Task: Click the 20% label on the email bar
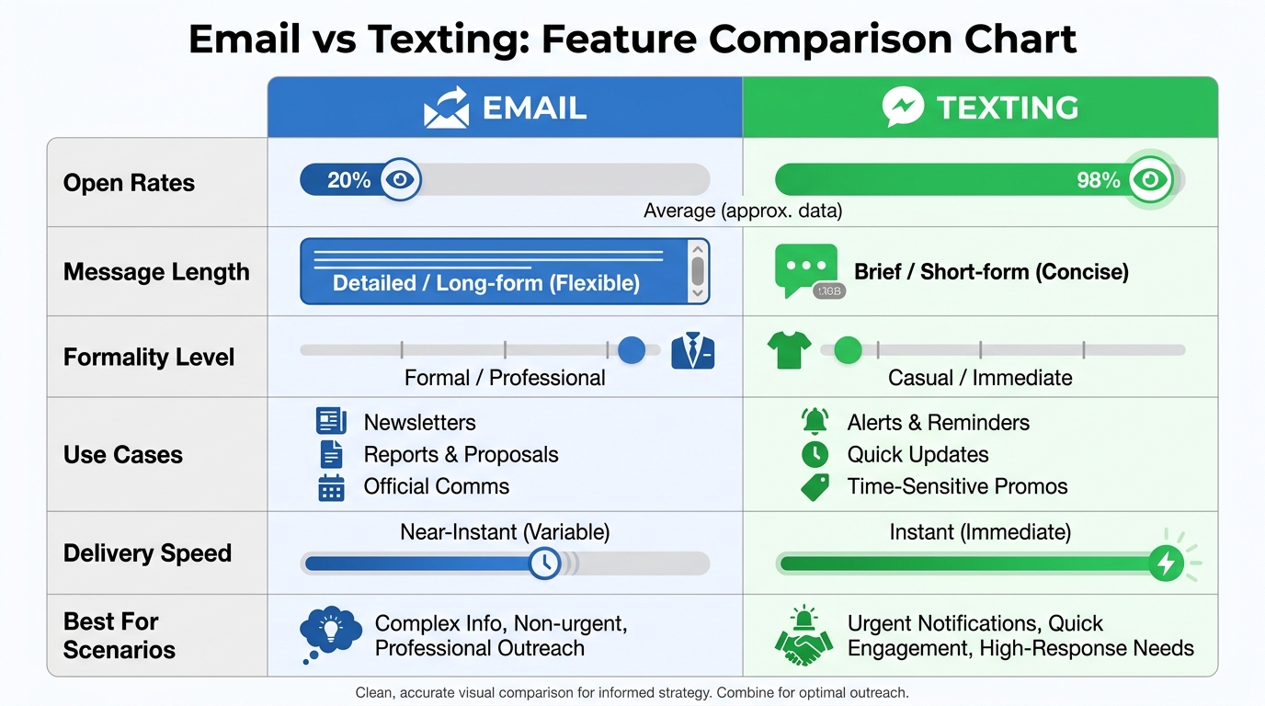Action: [x=348, y=180]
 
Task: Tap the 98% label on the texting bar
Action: [x=1098, y=180]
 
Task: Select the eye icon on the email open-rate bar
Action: [x=399, y=179]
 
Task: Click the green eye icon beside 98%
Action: [x=1150, y=179]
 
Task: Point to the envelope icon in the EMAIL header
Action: [x=446, y=108]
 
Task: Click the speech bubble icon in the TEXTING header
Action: [x=903, y=108]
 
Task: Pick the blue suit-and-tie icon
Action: [x=693, y=351]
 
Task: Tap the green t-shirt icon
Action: [x=789, y=350]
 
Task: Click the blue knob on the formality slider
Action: [x=632, y=350]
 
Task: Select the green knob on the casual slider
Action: [x=848, y=350]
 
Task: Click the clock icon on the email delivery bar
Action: [x=545, y=563]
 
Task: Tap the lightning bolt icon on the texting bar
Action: [x=1166, y=563]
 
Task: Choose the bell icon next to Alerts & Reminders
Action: [x=815, y=422]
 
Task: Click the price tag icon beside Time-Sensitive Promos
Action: [x=815, y=486]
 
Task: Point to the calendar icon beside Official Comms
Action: [x=331, y=486]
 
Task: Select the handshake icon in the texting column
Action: [x=803, y=636]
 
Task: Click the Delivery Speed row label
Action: [x=147, y=553]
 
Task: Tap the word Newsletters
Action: [x=419, y=423]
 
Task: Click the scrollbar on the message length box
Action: [x=698, y=271]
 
